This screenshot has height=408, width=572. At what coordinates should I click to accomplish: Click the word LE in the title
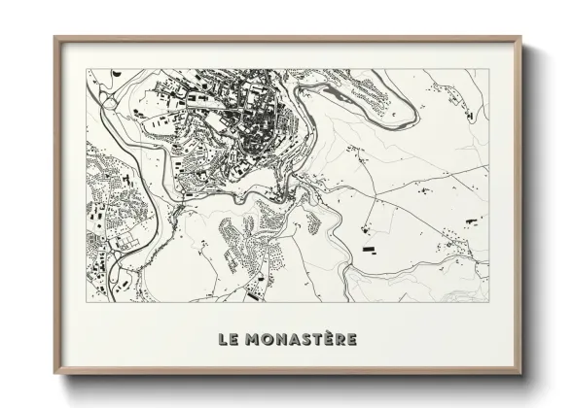228,339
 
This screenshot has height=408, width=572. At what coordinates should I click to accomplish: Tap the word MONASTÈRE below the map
301,339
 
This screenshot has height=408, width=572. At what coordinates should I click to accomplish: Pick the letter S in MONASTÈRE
302,339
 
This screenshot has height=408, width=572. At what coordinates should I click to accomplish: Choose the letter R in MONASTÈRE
338,339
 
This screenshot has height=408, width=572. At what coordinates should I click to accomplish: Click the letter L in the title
223,339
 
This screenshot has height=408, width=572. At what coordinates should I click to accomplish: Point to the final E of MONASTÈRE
350,339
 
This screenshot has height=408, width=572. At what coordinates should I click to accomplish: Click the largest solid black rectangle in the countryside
371,250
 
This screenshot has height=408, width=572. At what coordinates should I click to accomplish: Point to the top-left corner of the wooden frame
55,38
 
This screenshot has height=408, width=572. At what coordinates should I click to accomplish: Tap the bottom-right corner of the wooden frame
520,373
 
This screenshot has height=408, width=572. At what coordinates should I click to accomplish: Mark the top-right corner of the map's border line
488,69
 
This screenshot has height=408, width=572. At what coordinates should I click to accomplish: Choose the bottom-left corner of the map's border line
87,301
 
